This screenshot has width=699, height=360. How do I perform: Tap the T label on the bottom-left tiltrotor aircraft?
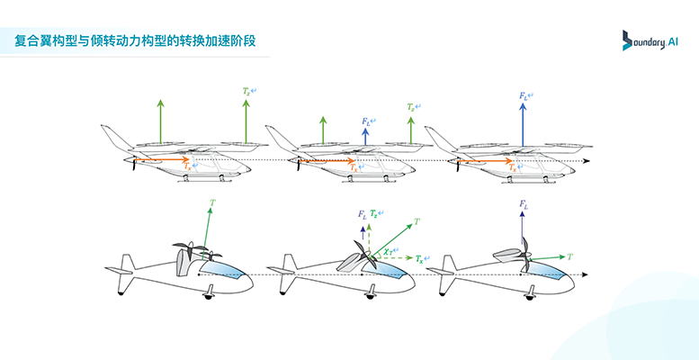coord(212,204)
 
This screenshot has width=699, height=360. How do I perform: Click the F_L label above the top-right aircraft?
coord(525,94)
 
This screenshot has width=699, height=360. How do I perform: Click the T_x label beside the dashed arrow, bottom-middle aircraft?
coord(421,258)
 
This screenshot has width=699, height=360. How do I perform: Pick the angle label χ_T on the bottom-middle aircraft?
coord(388,249)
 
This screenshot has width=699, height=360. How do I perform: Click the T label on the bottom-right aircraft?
coord(570,256)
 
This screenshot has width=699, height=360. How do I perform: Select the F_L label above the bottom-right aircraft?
coord(523,205)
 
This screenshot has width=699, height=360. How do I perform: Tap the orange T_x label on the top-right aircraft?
coord(512,167)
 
